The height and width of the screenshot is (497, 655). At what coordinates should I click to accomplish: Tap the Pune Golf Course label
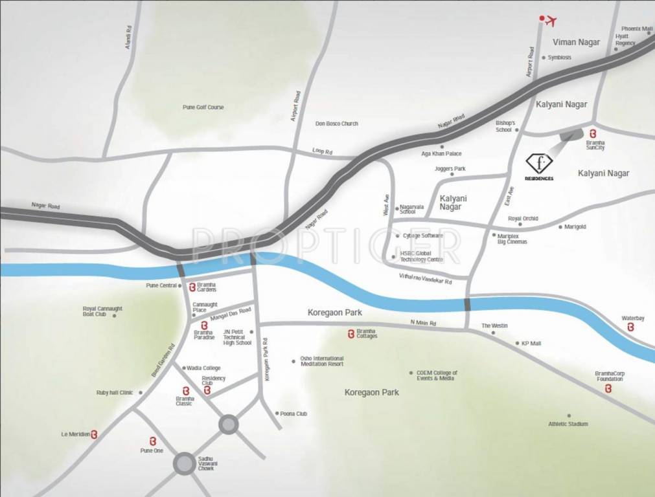[x=203, y=107]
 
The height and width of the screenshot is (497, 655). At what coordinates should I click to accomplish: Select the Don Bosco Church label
[x=336, y=123]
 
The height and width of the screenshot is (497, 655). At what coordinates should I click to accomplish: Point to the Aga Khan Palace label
[x=441, y=154]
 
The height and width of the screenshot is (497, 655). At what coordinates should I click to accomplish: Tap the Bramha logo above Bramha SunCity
[x=592, y=133]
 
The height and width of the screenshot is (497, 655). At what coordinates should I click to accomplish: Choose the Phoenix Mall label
[x=637, y=28]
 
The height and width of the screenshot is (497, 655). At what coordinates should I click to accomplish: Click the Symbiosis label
[x=559, y=57]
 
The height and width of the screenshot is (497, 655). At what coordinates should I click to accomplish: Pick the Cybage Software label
[x=422, y=236]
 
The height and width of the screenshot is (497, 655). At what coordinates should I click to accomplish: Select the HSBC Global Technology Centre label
[x=422, y=256]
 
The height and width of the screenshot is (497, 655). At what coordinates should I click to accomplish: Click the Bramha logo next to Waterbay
[x=631, y=328]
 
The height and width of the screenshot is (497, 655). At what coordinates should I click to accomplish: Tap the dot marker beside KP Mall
[x=517, y=343]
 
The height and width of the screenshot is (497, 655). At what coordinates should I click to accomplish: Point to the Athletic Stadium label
[x=568, y=424]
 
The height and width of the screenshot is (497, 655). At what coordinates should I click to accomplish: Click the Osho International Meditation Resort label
[x=322, y=361]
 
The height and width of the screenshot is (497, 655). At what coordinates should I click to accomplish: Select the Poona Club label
[x=293, y=413]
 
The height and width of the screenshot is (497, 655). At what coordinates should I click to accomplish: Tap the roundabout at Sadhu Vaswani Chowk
[x=184, y=463]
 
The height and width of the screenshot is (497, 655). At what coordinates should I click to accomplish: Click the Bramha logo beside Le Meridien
[x=95, y=434]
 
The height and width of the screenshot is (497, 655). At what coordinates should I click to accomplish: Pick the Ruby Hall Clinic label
[x=115, y=392]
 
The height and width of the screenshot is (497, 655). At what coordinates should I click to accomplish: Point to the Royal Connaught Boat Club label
[x=102, y=311]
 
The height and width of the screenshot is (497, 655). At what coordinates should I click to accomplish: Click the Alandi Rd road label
[x=128, y=38]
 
